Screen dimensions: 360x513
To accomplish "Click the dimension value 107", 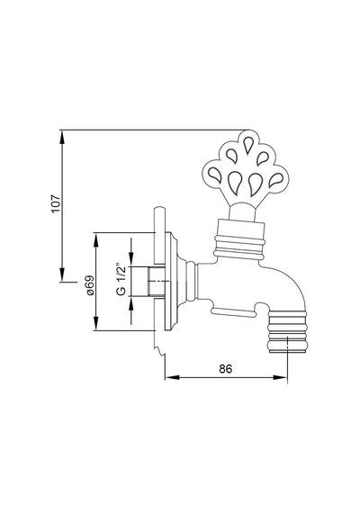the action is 57,203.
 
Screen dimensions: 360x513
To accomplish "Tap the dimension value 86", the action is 226,369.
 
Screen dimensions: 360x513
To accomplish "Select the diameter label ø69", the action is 90,285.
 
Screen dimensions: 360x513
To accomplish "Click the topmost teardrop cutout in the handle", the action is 247,145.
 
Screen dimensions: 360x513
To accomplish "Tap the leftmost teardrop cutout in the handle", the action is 215,174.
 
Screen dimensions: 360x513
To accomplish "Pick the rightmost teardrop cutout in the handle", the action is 276,180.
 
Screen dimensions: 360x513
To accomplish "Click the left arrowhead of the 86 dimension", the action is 172,377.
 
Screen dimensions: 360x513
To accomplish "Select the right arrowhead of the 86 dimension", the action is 280,377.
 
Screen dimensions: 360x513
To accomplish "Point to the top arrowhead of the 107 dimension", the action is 62,138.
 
